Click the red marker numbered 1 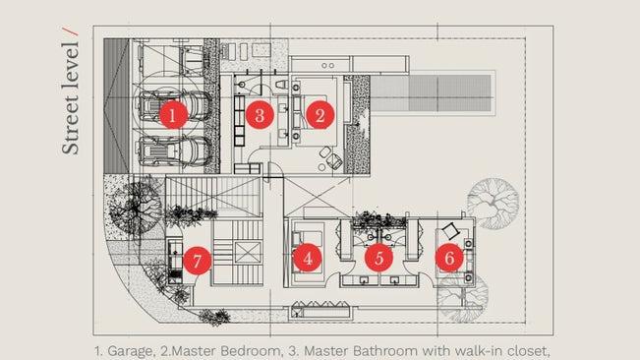(x=173, y=115)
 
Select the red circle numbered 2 (x=320, y=115)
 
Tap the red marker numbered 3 (x=260, y=115)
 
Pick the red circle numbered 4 (x=308, y=258)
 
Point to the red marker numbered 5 (x=379, y=258)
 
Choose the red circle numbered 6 (x=449, y=258)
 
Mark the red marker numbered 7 (x=198, y=261)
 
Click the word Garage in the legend (x=131, y=351)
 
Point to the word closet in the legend (x=523, y=350)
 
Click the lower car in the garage (x=175, y=151)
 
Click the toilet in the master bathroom (x=281, y=85)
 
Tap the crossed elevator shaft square (x=248, y=253)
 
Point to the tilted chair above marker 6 (x=450, y=231)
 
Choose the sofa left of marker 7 (x=176, y=262)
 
